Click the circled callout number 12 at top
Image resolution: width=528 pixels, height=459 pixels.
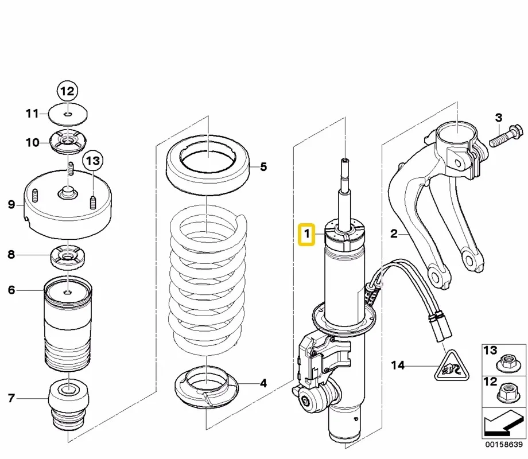coord(68,91)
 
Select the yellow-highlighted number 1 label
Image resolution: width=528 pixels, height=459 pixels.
coord(307,234)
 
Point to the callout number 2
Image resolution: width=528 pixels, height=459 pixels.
coord(394,234)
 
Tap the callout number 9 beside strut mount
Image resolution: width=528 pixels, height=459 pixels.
coord(11,204)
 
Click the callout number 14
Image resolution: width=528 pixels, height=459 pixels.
coord(397,365)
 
